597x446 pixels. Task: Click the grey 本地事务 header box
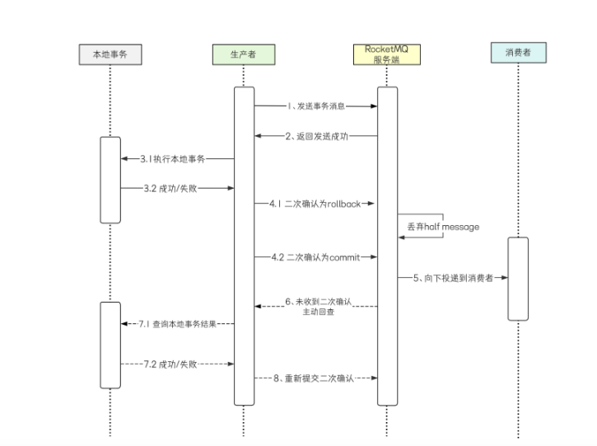tap(110, 54)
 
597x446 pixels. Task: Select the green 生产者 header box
tap(244, 54)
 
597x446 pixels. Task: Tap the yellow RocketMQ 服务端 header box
tap(387, 54)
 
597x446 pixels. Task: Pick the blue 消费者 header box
tap(519, 53)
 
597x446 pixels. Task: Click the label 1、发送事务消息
tap(316, 106)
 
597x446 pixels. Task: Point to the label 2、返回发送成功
tap(317, 136)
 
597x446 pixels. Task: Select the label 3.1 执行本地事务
tap(172, 158)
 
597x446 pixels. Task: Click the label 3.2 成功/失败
tap(170, 188)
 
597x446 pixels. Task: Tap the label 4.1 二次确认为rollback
tap(315, 204)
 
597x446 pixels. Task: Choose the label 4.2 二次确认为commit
tap(315, 257)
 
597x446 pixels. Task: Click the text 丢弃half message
tap(443, 227)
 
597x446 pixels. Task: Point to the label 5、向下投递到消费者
tap(453, 278)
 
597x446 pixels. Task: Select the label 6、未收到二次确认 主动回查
tap(319, 307)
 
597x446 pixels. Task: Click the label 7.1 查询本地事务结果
tap(177, 324)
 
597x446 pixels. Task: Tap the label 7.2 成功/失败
tap(170, 364)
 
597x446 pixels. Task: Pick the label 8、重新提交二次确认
tap(314, 378)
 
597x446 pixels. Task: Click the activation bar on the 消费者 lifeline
tap(518, 279)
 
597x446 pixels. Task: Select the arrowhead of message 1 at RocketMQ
tap(374, 106)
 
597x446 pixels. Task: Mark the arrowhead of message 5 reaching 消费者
tap(504, 278)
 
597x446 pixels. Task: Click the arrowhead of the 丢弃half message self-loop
tap(402, 237)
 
